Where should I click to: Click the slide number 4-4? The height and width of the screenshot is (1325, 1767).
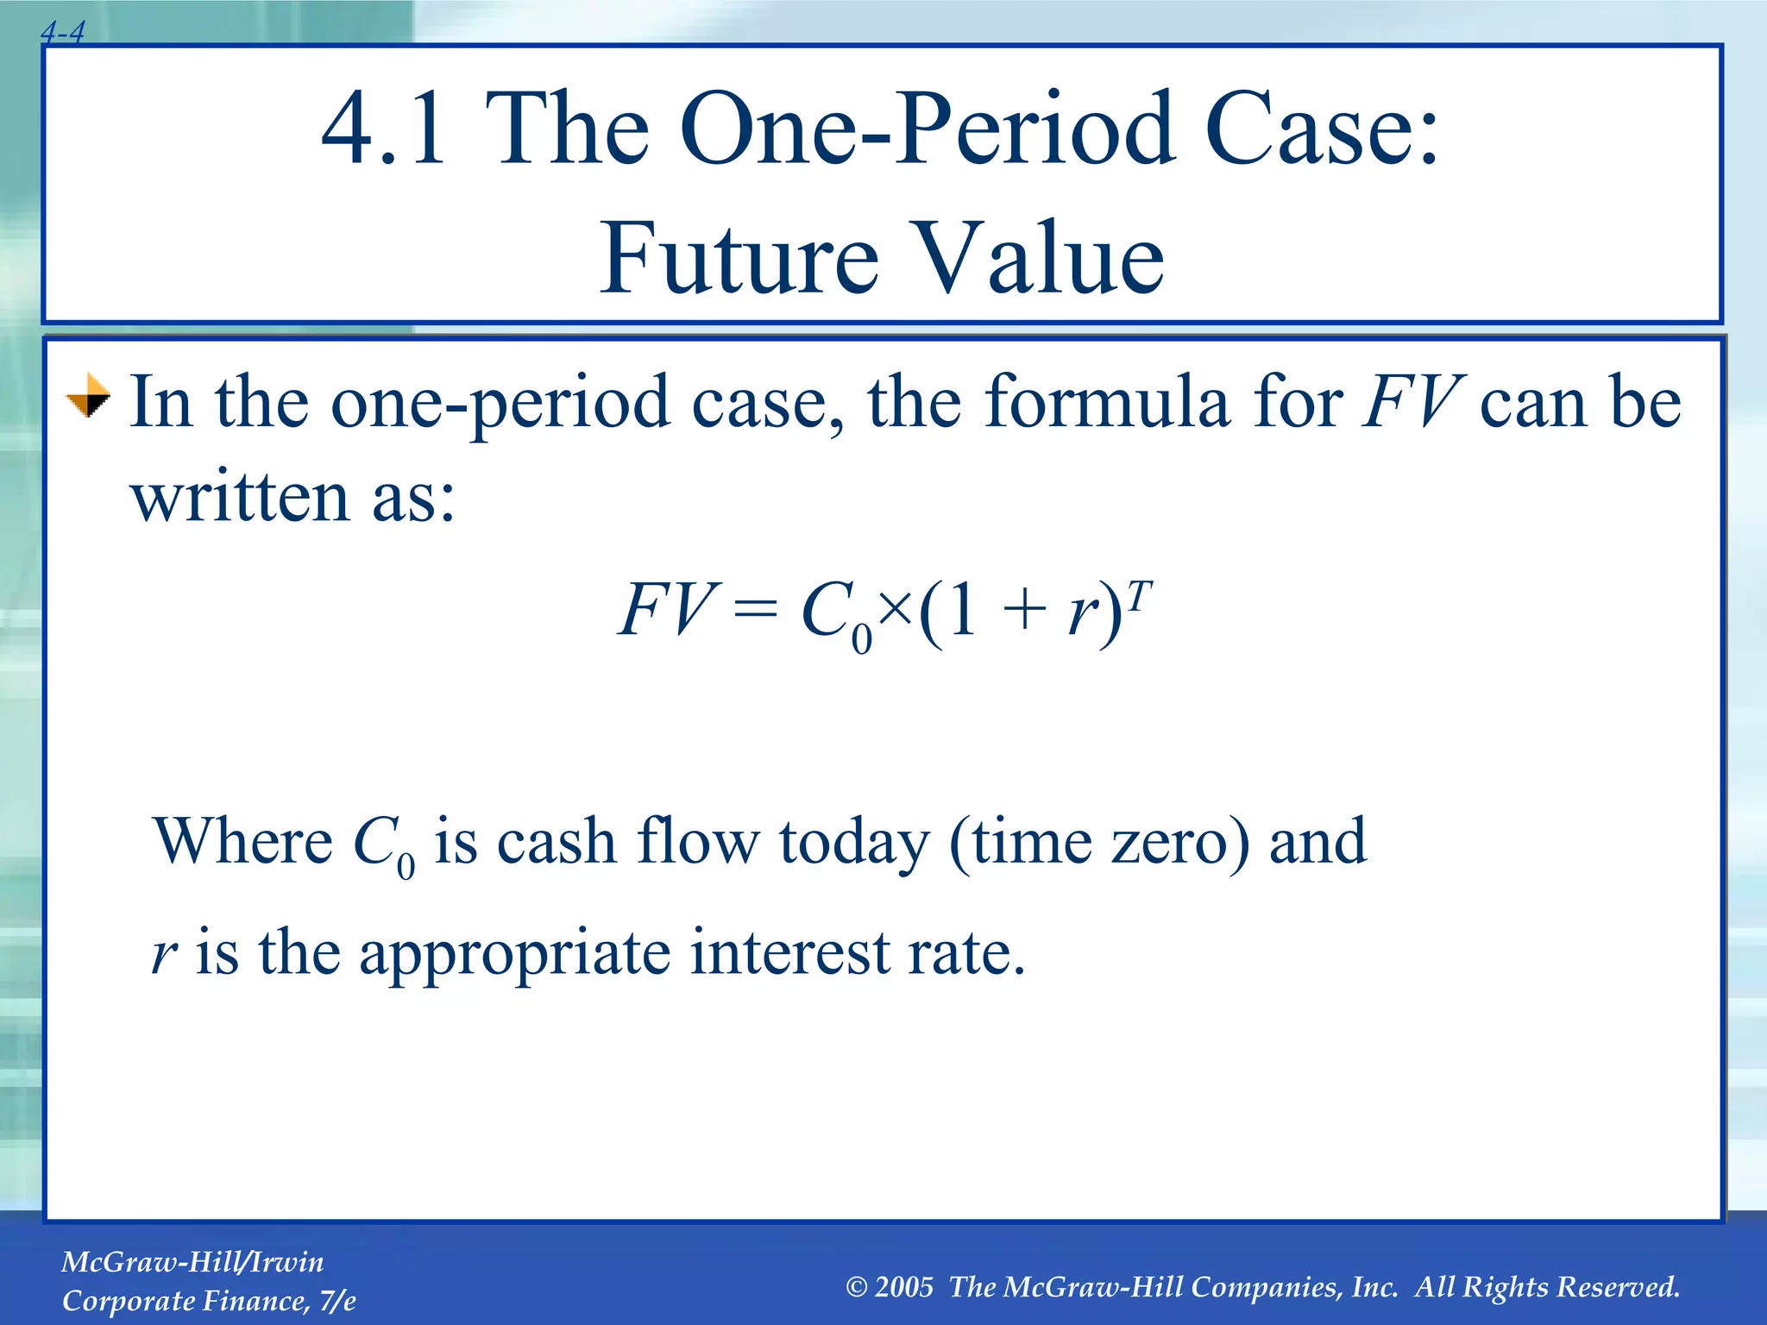[x=62, y=33]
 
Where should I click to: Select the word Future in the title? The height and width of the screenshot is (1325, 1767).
[x=739, y=258]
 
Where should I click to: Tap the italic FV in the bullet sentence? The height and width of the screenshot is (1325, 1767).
[x=1412, y=402]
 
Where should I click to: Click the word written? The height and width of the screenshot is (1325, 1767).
[x=241, y=498]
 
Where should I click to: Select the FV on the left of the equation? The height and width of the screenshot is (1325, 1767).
[x=666, y=610]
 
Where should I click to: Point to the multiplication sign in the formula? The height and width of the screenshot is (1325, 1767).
[x=896, y=610]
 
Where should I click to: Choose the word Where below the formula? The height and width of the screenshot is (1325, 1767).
[x=242, y=841]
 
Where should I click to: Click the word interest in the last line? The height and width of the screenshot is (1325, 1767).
[x=789, y=952]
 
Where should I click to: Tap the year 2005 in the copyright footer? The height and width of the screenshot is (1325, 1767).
[x=903, y=1287]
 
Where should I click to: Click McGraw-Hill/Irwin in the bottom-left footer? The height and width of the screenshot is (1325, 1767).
[x=192, y=1262]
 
